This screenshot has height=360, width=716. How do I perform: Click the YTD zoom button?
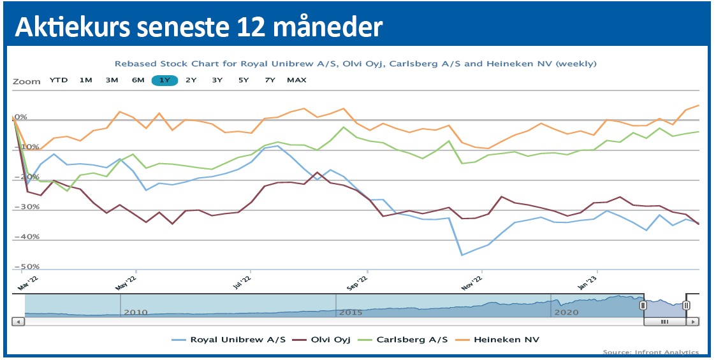[59, 80]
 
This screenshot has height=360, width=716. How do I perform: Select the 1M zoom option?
[86, 80]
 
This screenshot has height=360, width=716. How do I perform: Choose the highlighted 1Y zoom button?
[164, 80]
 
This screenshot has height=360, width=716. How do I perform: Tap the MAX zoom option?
[296, 80]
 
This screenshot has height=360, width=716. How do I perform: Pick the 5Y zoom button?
[244, 80]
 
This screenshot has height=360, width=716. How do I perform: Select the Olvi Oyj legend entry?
[328, 340]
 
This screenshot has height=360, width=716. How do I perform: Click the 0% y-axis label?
[20, 117]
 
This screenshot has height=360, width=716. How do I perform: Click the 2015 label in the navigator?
[351, 312]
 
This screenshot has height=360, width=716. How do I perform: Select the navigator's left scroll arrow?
[18, 322]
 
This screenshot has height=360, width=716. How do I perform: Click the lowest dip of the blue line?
[462, 255]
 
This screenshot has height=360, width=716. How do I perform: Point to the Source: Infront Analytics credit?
[650, 352]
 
